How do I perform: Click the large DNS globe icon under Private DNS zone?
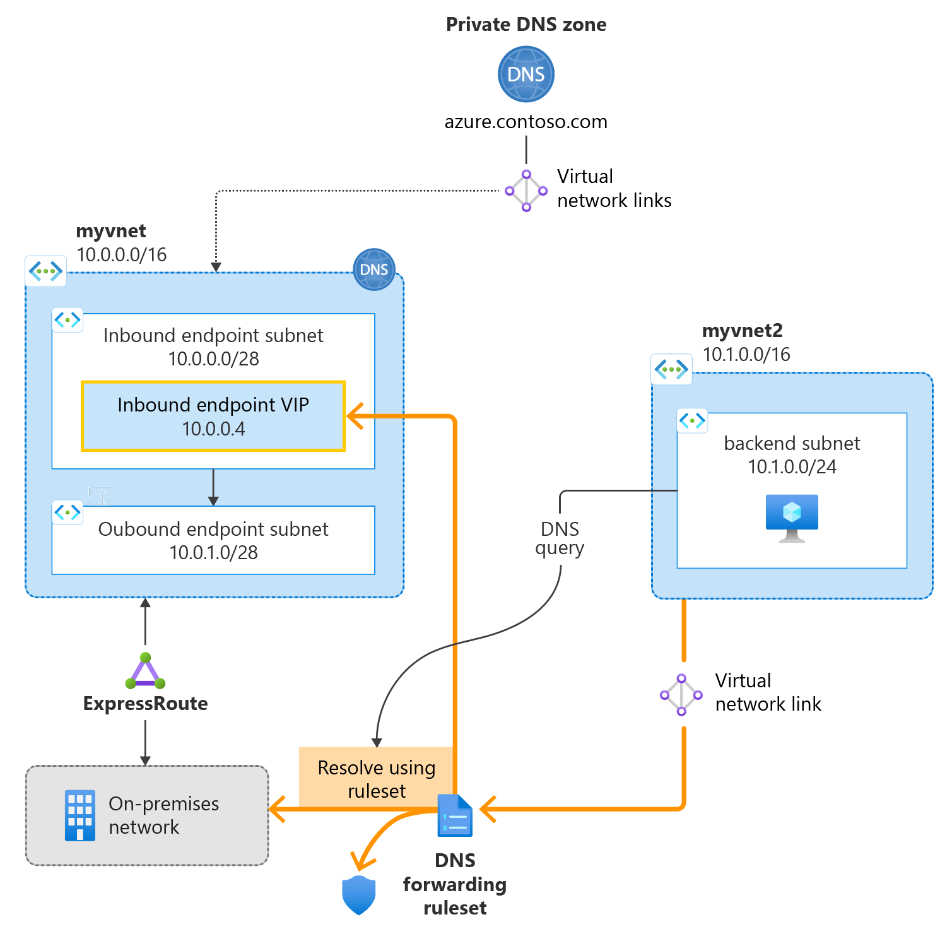click(x=526, y=74)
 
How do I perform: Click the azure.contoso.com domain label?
click(x=526, y=122)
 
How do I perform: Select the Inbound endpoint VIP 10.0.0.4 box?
click(x=213, y=416)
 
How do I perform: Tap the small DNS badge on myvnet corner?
click(x=373, y=269)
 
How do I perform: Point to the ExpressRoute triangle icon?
click(x=145, y=671)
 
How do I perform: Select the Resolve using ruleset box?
click(x=376, y=778)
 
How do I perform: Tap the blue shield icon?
click(x=358, y=895)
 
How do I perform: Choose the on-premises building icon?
click(x=80, y=815)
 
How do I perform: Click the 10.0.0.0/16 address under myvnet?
click(x=122, y=255)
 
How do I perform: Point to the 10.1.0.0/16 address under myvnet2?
click(x=746, y=355)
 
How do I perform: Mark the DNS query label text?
click(x=560, y=538)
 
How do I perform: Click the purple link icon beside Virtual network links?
click(x=526, y=191)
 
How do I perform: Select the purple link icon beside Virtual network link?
click(x=681, y=695)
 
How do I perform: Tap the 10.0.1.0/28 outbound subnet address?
click(x=213, y=553)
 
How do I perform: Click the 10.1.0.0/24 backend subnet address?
click(x=792, y=467)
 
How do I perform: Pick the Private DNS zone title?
click(x=526, y=25)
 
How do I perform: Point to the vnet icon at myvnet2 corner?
click(x=671, y=369)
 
